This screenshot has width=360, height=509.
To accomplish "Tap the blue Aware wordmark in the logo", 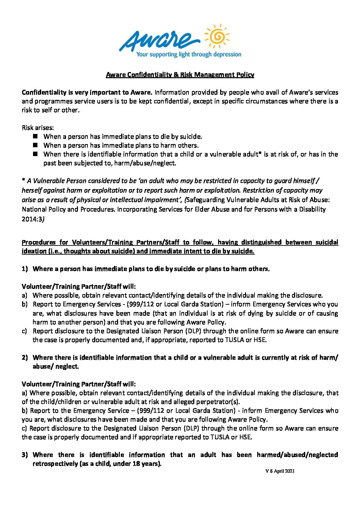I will click(x=155, y=40).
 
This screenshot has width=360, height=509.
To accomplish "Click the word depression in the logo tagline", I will click(x=226, y=54).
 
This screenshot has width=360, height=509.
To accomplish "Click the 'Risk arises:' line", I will click(x=38, y=128).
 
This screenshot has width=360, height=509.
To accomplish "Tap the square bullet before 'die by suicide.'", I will click(x=36, y=136).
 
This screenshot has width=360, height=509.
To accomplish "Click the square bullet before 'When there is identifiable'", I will click(x=36, y=154).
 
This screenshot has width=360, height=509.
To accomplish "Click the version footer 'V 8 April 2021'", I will click(x=280, y=471).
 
